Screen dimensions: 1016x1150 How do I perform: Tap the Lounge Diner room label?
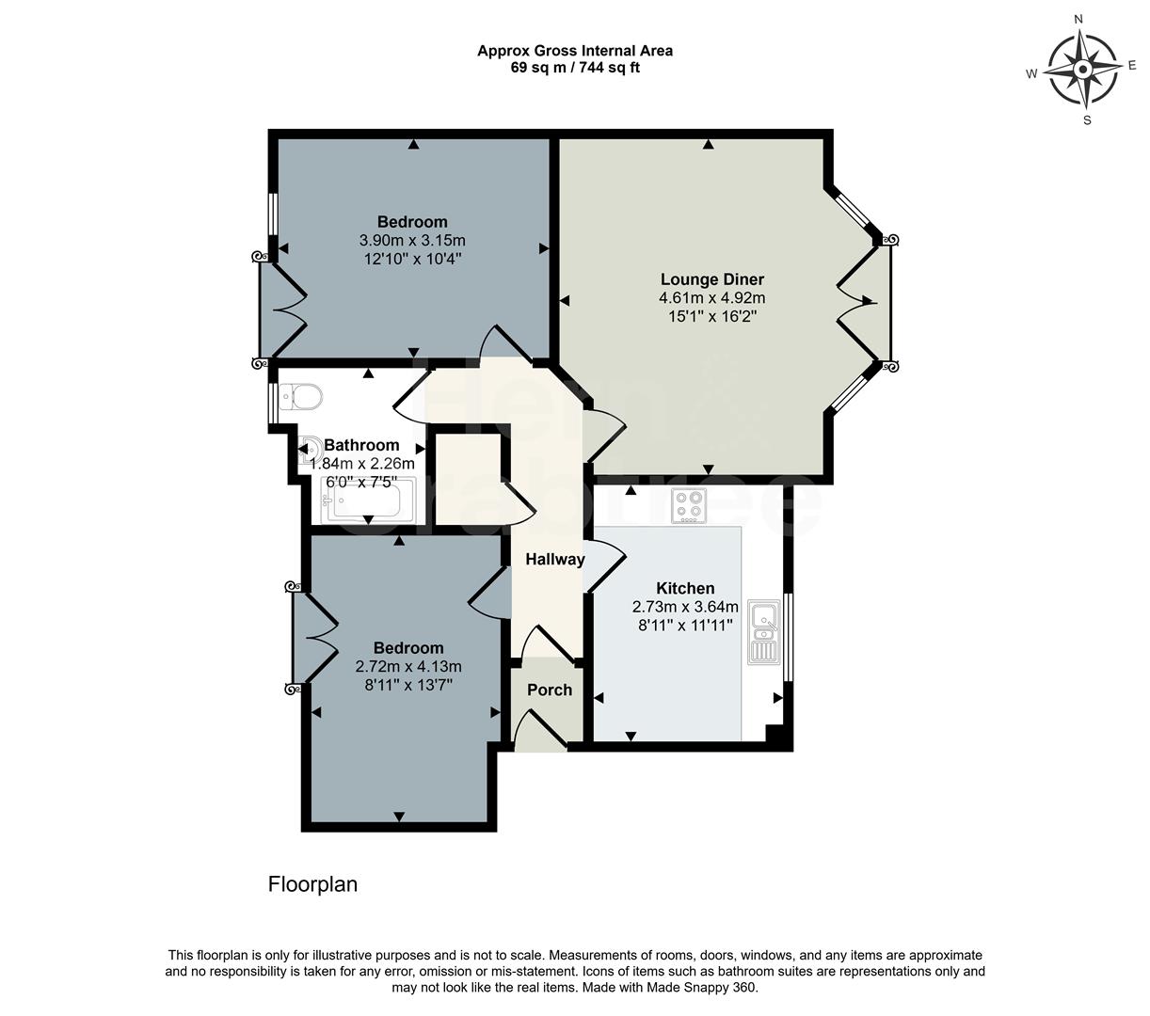coord(711,279)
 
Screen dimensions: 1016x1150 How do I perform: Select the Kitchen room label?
coord(684,588)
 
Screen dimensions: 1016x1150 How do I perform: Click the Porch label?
coord(550,690)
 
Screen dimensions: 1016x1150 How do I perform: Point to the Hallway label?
coord(554,559)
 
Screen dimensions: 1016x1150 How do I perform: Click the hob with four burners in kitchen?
coord(688,507)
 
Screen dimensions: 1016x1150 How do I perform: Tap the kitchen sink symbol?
coord(763,632)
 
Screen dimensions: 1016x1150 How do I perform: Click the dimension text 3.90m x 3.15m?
coord(412,240)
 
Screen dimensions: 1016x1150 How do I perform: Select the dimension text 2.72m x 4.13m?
coord(408,666)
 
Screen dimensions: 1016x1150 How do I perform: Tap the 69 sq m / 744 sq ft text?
coord(574,68)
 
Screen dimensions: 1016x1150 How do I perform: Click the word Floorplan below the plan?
coord(312,884)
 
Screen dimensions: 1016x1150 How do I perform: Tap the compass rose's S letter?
coord(1087,119)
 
